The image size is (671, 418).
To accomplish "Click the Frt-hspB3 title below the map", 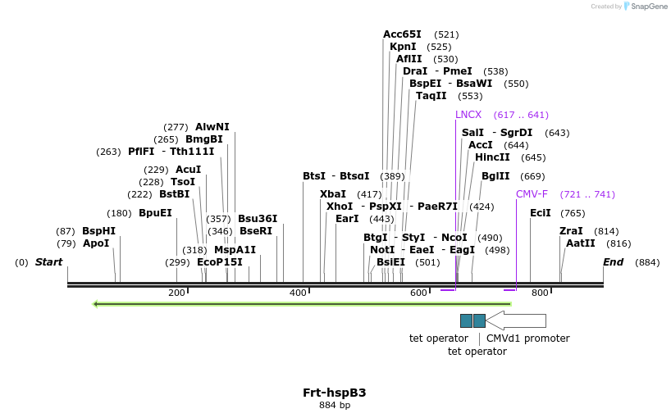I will [x=334, y=392].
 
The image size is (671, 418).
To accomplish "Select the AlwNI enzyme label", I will [x=212, y=127].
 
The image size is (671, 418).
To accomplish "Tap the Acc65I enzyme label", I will [x=402, y=34].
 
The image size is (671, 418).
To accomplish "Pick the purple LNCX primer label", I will [x=468, y=115].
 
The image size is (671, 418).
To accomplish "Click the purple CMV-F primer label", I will [x=532, y=194].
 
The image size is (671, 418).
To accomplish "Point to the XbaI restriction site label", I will [x=333, y=194].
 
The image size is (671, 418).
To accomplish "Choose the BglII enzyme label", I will [x=495, y=176].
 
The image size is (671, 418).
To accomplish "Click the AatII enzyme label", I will [x=580, y=243].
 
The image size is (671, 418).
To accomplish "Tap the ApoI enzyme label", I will [x=96, y=243].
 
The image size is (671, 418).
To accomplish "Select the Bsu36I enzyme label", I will [x=258, y=219].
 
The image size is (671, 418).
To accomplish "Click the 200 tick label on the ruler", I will [x=176, y=293].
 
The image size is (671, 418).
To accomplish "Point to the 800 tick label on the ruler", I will [x=540, y=293].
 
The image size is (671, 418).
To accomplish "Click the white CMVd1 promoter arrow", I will [x=517, y=320].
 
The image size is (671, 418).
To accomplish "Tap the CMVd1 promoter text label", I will [x=527, y=338].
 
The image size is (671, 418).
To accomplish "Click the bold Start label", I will [x=48, y=262].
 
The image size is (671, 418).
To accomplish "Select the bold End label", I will [x=613, y=262].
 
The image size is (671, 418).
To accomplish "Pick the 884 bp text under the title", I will [x=334, y=405].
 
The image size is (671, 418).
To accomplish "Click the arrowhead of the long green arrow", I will [x=97, y=304].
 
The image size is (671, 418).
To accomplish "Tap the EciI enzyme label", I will [x=540, y=213].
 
